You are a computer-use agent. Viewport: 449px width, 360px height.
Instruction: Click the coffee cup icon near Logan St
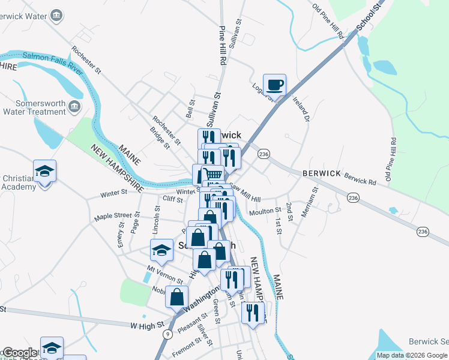(x=274, y=85)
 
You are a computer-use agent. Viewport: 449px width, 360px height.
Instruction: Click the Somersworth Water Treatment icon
(x=75, y=106)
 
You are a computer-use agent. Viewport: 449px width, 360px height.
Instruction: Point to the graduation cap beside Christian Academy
(x=44, y=172)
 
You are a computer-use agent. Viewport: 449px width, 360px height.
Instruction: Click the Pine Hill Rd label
(x=223, y=45)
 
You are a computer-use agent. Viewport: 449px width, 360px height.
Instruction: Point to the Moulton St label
(x=265, y=211)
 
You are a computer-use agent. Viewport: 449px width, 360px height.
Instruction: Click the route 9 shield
(x=167, y=334)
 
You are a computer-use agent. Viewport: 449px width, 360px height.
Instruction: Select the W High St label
(x=147, y=325)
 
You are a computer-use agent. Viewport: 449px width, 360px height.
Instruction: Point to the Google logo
(x=19, y=353)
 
